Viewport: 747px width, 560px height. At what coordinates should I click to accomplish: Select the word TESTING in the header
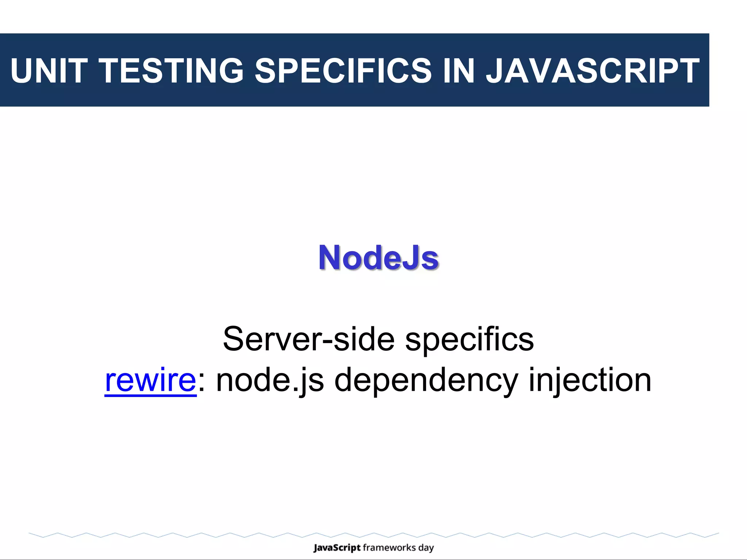[x=171, y=71]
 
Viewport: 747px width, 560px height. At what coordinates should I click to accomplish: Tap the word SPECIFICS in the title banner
[x=343, y=71]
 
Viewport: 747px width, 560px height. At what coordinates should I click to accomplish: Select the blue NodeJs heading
[x=378, y=258]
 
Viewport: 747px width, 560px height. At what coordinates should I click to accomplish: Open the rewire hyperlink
[x=150, y=380]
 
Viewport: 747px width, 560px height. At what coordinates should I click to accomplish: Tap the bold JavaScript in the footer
[x=337, y=548]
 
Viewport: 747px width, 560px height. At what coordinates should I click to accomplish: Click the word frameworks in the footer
[x=389, y=548]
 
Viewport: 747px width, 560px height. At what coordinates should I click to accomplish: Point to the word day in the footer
[x=426, y=548]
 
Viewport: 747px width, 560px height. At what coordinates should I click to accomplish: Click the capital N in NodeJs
[x=330, y=258]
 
